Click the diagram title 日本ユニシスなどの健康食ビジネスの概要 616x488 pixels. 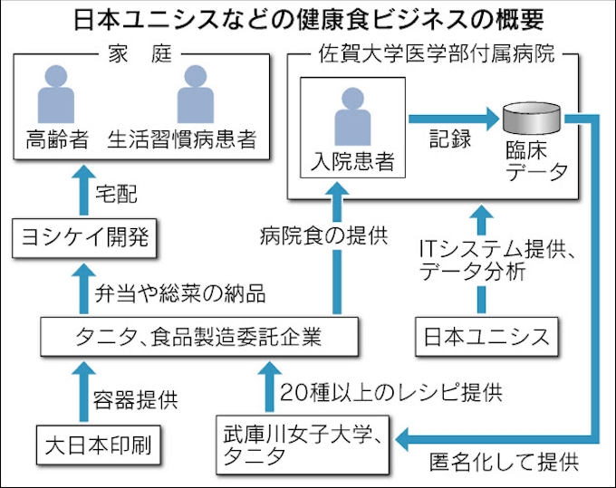tap(308, 19)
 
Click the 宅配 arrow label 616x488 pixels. tap(115, 192)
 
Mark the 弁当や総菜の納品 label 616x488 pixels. tap(181, 292)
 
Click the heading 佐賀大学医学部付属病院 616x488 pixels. tap(431, 55)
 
